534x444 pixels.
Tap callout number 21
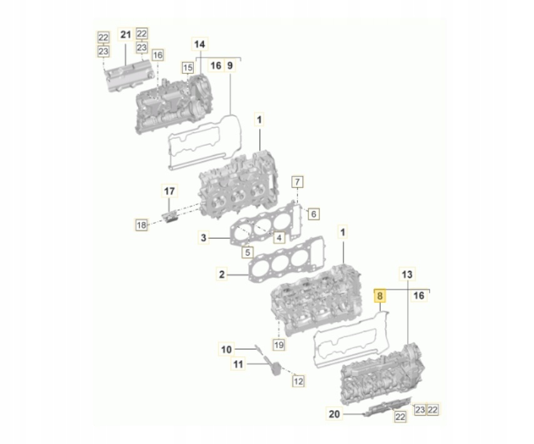point(125,36)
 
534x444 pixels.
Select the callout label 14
point(199,44)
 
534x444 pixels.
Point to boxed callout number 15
point(187,67)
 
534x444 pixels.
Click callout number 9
point(229,65)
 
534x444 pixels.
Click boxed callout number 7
point(298,183)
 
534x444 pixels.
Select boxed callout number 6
point(313,214)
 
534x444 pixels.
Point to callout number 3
point(203,238)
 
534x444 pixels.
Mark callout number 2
point(221,273)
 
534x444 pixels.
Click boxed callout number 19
point(278,344)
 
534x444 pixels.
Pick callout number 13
point(406,275)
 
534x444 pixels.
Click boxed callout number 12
point(298,380)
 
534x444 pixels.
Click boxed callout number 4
point(278,237)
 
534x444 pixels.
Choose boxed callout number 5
point(248,253)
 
